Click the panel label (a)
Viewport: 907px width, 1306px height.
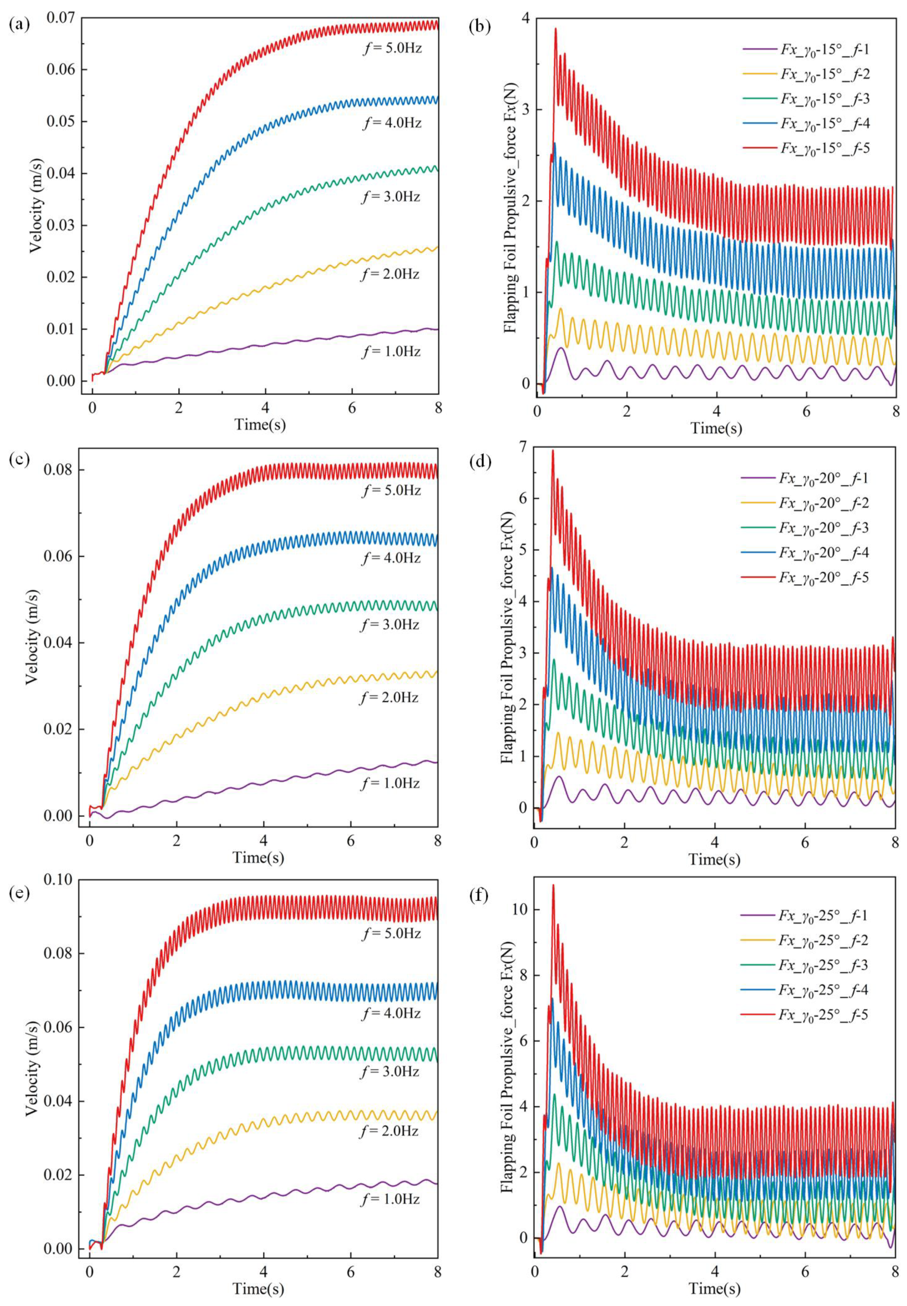[20, 25]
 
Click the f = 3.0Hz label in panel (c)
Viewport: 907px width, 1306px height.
[390, 625]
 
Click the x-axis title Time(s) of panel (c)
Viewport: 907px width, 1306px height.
[258, 857]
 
